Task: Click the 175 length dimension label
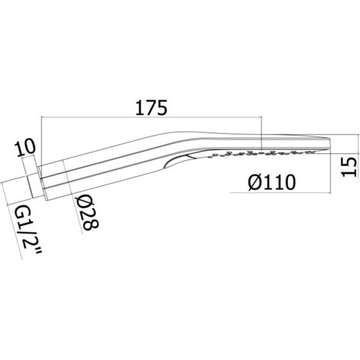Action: click(151, 107)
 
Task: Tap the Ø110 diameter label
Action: click(272, 182)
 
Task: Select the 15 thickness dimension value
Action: click(349, 167)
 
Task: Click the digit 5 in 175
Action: click(162, 107)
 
